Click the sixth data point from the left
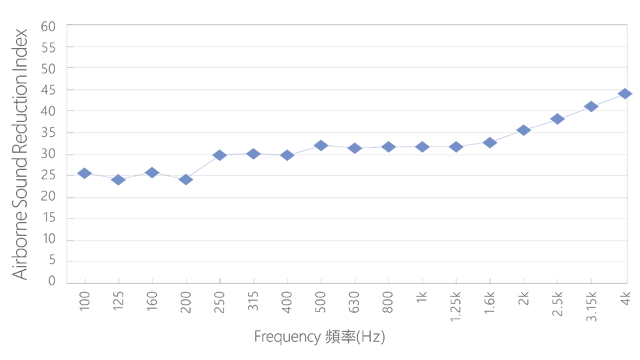[x=253, y=147]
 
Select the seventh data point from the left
[x=287, y=148]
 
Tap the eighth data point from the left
[x=321, y=143]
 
